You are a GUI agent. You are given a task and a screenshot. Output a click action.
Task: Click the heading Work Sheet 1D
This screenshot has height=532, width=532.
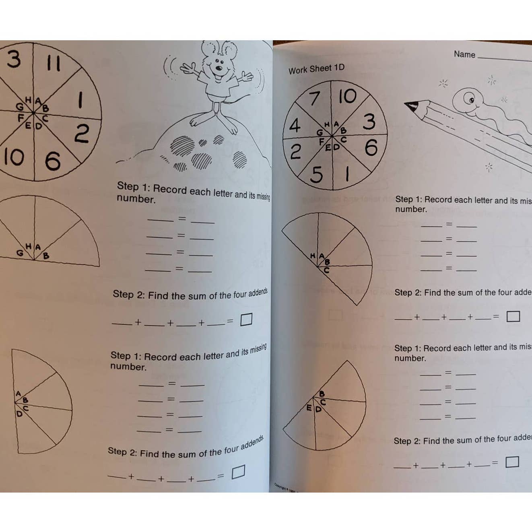316,69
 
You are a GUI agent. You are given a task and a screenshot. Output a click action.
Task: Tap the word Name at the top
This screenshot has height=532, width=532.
464,54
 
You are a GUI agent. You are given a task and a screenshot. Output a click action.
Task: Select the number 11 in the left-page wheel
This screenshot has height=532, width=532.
53,63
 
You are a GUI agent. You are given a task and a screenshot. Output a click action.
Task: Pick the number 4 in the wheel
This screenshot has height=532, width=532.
295,126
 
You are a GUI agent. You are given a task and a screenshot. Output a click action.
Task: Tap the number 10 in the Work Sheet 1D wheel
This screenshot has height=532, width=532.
347,97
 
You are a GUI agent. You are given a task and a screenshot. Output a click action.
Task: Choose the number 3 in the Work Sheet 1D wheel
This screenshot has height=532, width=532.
369,122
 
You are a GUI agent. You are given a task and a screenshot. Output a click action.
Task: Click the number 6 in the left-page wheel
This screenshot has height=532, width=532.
53,161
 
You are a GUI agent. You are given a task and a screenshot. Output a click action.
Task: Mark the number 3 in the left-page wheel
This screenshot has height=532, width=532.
13,60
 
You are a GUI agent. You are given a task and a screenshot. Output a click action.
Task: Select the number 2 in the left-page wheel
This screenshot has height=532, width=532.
82,134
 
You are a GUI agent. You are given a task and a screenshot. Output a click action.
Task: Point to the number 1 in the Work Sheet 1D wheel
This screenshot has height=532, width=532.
347,174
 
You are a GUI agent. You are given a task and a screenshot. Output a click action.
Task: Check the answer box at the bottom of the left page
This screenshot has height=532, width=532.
238,472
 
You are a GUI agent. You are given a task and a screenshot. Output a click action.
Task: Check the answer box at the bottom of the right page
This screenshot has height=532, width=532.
512,462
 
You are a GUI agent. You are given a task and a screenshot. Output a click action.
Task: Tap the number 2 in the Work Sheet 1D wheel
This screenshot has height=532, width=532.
296,153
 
